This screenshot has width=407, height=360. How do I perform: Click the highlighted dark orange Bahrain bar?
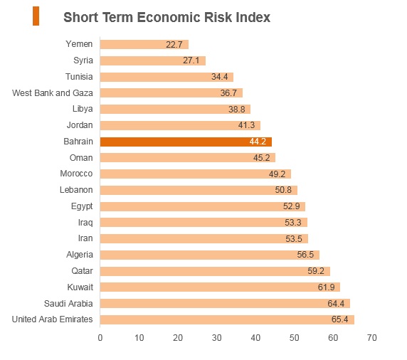(186, 142)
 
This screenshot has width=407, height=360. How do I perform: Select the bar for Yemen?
(144, 44)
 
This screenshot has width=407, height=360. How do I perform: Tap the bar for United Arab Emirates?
(227, 319)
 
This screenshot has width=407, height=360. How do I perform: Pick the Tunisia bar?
(166, 77)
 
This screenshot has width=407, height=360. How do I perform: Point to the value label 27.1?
(191, 60)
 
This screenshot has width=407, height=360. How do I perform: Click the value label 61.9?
(327, 287)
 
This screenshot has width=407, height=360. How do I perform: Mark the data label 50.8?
(283, 190)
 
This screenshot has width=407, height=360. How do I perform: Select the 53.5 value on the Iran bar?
(294, 238)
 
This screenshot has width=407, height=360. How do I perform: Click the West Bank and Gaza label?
(53, 93)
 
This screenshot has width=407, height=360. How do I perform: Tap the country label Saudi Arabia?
(68, 303)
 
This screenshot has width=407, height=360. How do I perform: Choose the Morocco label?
(76, 174)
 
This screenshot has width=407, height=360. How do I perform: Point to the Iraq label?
(85, 223)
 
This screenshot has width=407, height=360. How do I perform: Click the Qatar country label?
(82, 271)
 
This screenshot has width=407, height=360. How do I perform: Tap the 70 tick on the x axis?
(371, 338)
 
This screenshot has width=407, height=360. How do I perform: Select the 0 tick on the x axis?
(100, 338)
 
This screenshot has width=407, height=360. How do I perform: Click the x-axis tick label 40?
(255, 338)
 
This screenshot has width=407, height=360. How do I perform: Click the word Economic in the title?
(169, 17)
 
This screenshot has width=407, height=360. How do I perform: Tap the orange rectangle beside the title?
(36, 16)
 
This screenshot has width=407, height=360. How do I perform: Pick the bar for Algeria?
(210, 255)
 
